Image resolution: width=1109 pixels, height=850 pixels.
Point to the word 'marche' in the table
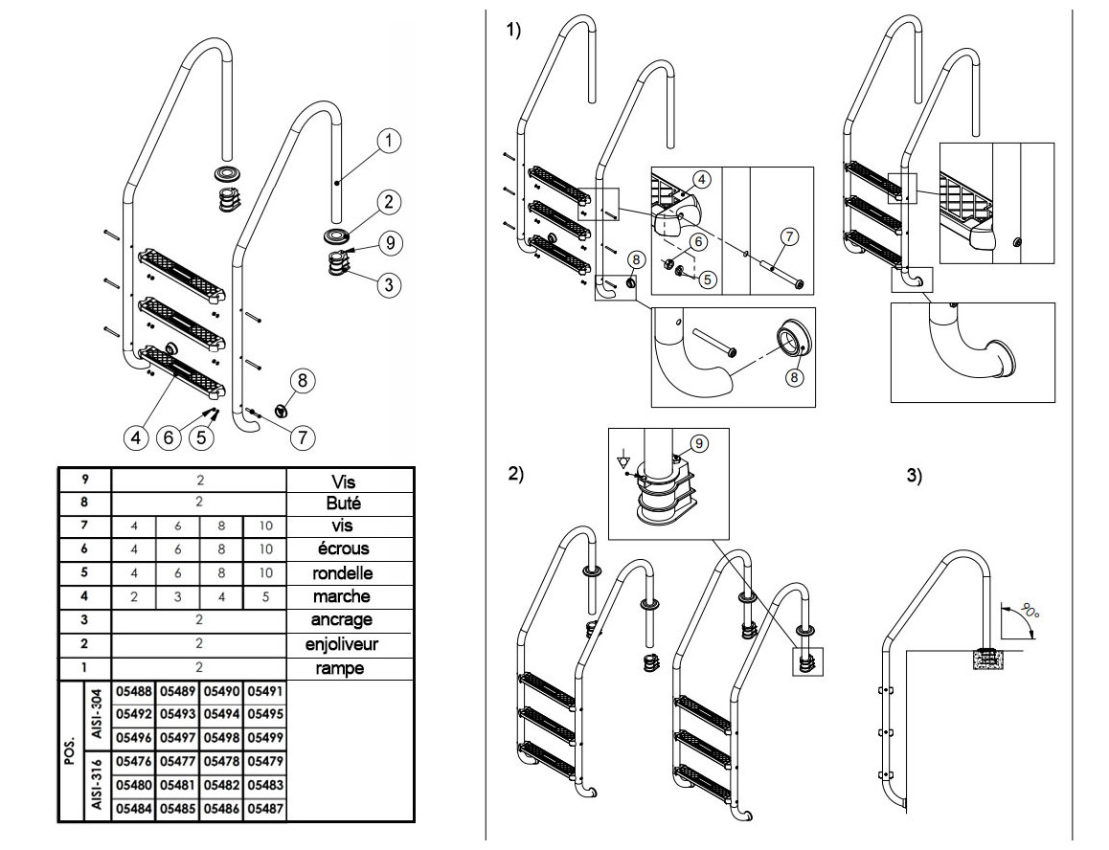(x=342, y=596)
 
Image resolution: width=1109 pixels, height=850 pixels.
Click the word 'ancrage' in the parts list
(x=342, y=620)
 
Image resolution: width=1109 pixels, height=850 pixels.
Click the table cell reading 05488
(x=134, y=691)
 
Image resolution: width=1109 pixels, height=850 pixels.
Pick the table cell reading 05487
(x=265, y=810)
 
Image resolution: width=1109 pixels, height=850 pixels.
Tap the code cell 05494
(x=221, y=715)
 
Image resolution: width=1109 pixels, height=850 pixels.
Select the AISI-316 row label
(x=97, y=786)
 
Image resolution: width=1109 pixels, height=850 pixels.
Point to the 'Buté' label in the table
(x=342, y=501)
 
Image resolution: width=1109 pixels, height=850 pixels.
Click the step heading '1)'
(x=514, y=32)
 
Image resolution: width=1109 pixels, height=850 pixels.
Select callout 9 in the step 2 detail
(x=698, y=443)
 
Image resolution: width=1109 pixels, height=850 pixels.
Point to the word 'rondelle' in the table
(x=342, y=573)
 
